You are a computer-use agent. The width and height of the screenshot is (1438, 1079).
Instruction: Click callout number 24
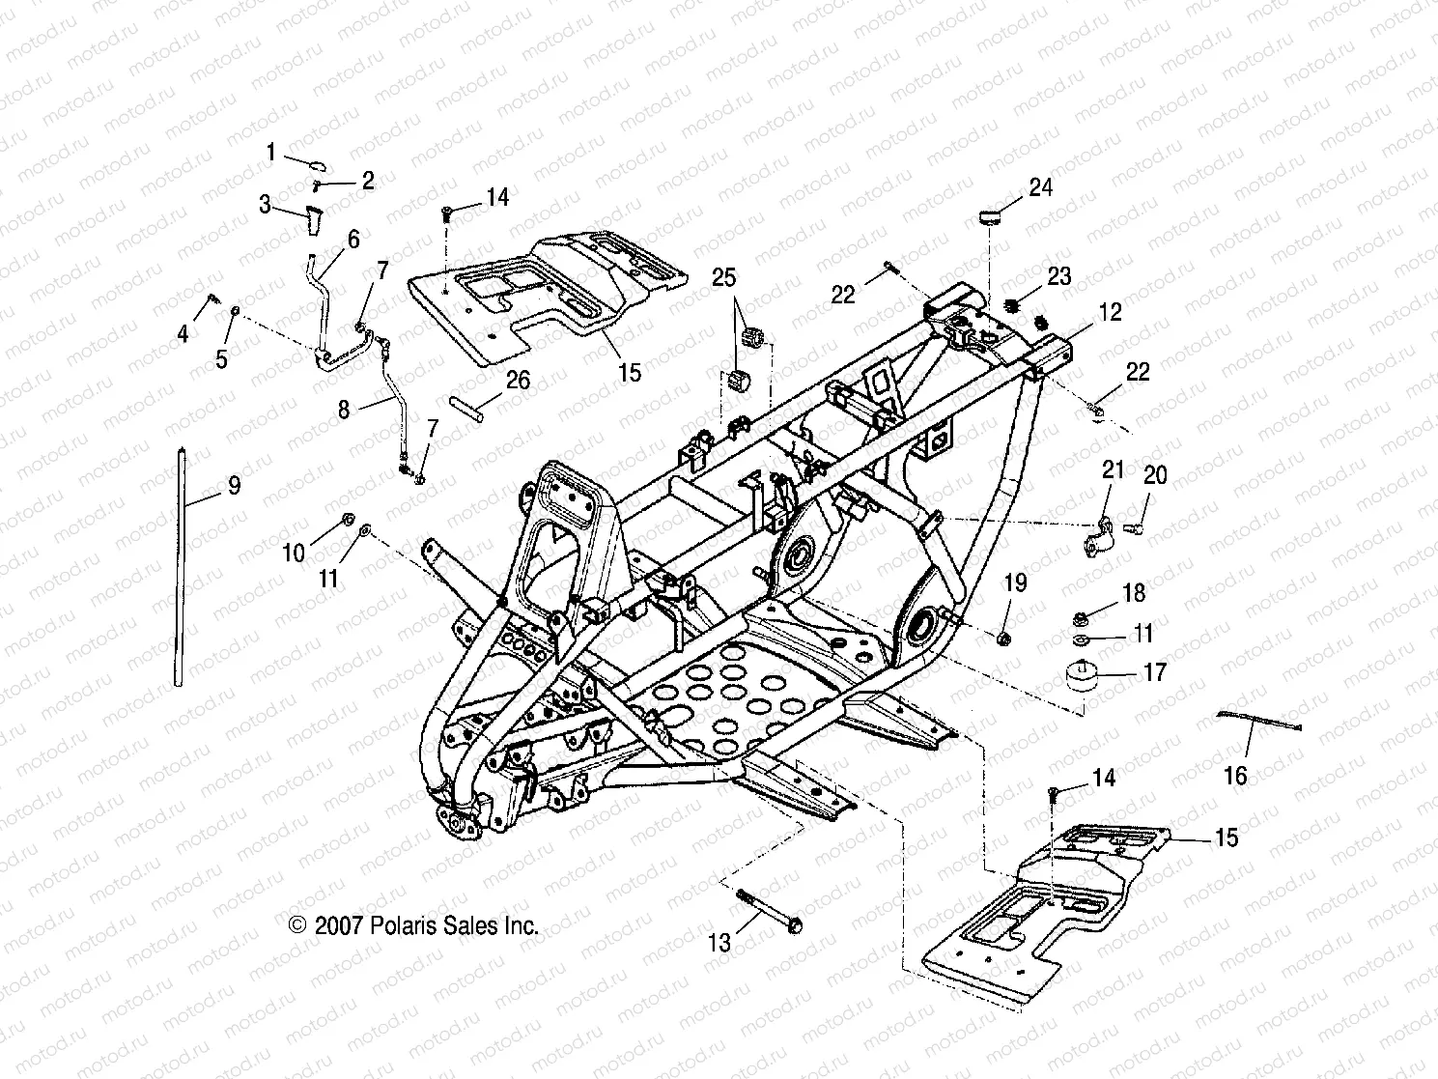[1040, 186]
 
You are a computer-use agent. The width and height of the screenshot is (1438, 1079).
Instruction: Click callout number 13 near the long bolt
[719, 942]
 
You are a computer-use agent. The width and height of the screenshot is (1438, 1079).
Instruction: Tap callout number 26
[518, 380]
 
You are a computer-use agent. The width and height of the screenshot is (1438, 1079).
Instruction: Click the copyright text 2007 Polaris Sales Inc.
[413, 925]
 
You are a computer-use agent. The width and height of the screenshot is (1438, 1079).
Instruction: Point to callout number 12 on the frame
[1110, 312]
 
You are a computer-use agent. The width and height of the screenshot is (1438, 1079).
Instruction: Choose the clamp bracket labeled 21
[1099, 534]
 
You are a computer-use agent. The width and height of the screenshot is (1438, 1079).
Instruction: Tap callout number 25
[723, 278]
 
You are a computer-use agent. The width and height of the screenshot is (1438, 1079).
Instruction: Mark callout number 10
[294, 553]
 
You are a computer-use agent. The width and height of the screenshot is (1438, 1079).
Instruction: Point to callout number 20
[1155, 474]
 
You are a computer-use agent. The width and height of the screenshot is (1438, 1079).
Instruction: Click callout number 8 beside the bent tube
[344, 409]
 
